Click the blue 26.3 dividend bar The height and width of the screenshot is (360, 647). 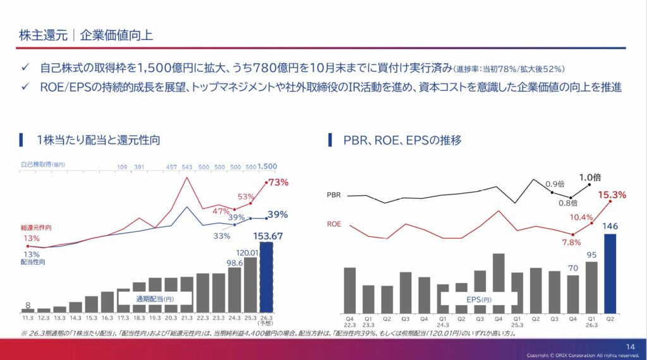pyautogui.click(x=266, y=278)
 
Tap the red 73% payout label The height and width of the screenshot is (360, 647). pyautogui.click(x=278, y=183)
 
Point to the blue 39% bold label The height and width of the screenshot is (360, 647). pyautogui.click(x=278, y=215)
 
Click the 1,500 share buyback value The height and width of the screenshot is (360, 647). pyautogui.click(x=267, y=166)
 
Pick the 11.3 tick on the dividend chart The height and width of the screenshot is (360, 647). pyautogui.click(x=28, y=319)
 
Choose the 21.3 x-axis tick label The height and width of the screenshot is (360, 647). pyautogui.click(x=186, y=319)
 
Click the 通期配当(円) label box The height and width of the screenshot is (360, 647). pyautogui.click(x=154, y=298)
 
